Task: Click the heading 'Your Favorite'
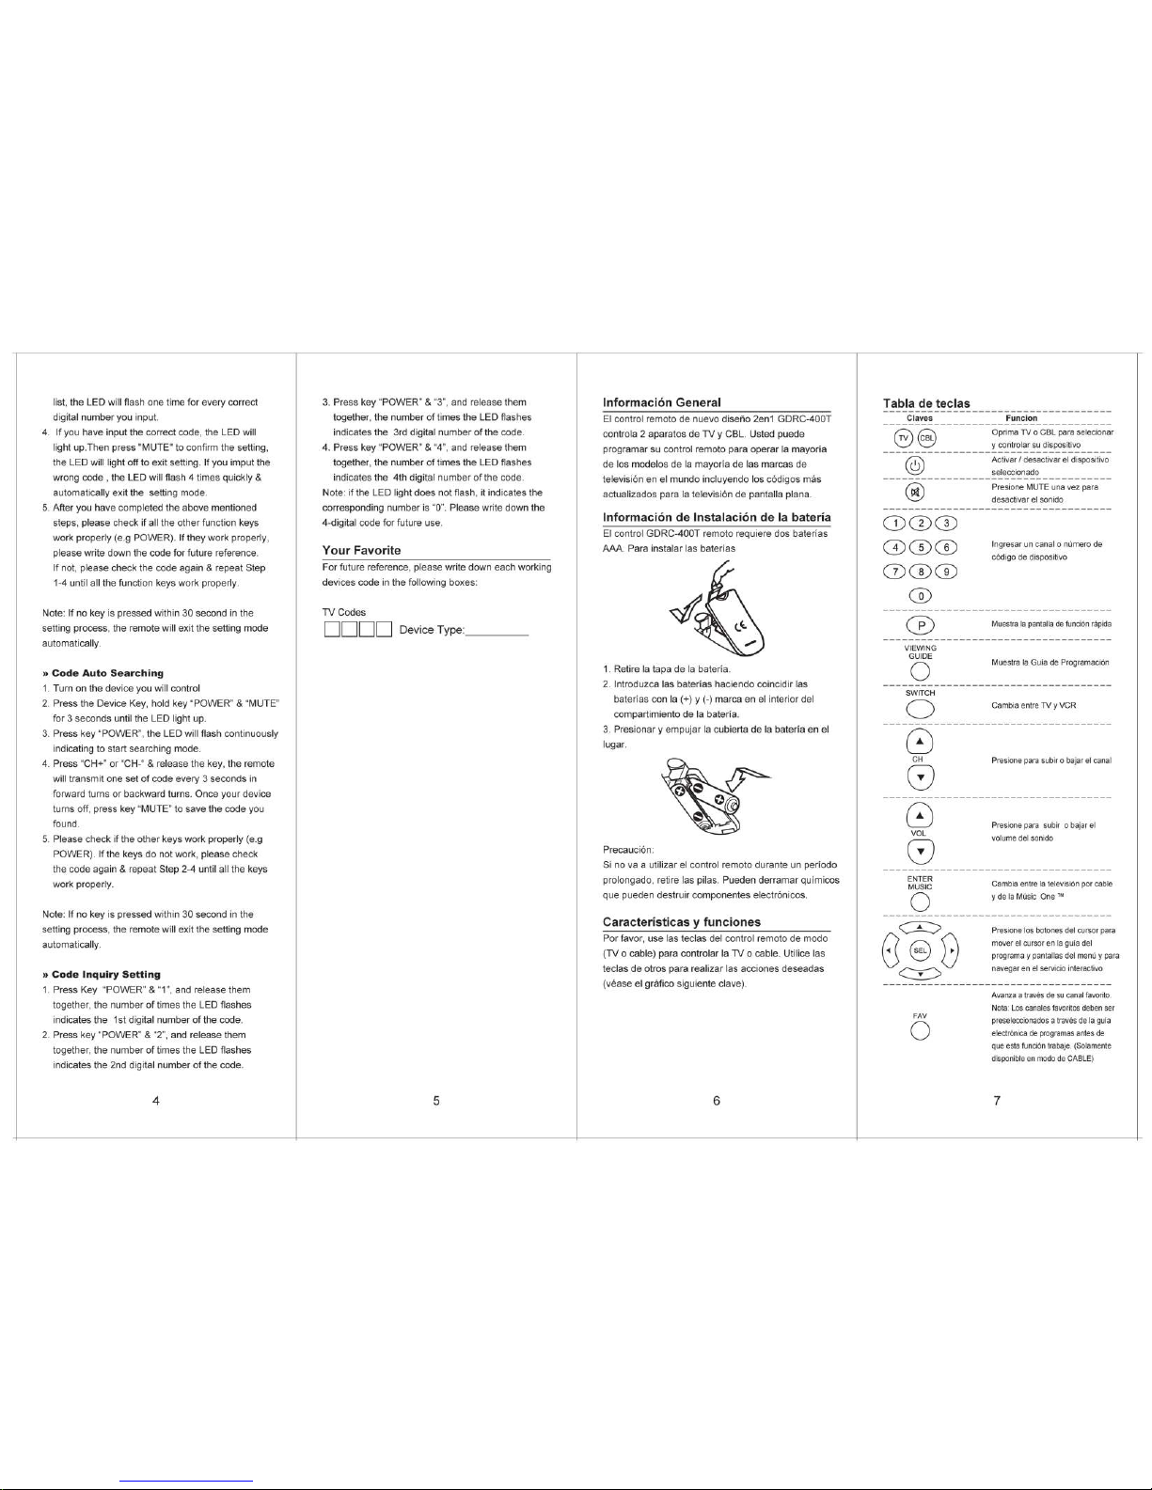pos(361,550)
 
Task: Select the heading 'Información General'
pos(661,402)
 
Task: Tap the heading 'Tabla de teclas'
pos(926,403)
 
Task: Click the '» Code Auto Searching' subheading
pos(107,673)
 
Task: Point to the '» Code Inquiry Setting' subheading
pos(106,975)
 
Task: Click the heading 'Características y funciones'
pos(682,921)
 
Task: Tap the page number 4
pos(154,1101)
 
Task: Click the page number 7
pos(996,1101)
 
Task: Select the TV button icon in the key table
pos(903,437)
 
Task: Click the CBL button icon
pos(927,437)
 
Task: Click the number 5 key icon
pos(923,548)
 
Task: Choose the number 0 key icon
pos(921,596)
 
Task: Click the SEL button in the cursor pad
pos(921,950)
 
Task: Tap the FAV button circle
pos(921,1031)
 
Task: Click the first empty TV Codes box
pos(332,629)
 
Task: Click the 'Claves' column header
pos(919,418)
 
